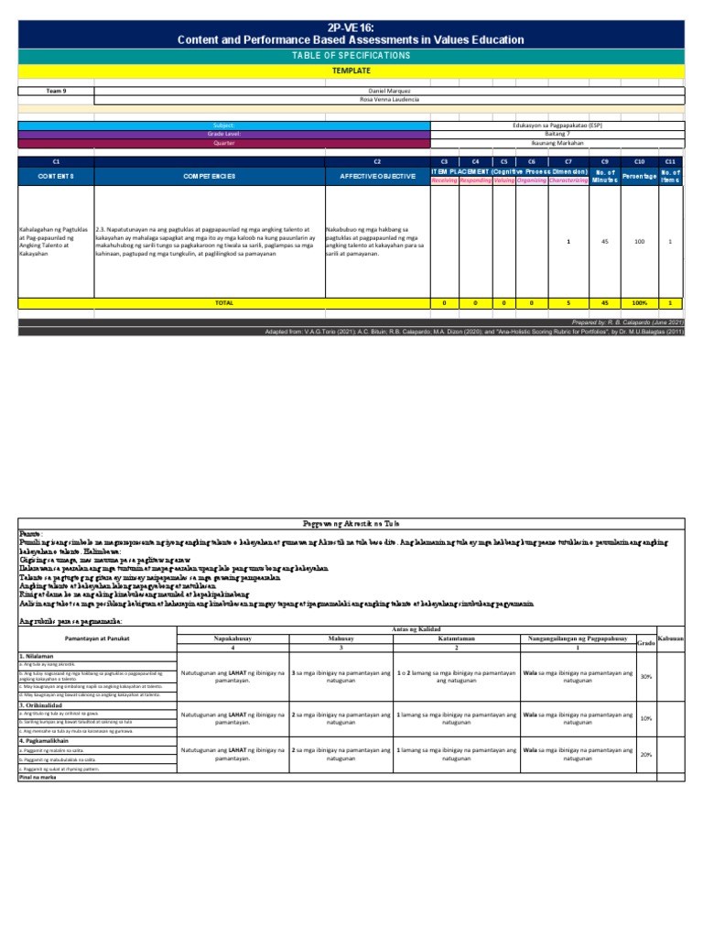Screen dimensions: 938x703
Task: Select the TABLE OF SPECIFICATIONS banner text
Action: pos(351,56)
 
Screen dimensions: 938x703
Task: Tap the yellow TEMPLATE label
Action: pos(351,70)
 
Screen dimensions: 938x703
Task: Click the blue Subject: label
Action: pos(223,125)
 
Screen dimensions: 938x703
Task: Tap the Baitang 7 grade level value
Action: pos(557,134)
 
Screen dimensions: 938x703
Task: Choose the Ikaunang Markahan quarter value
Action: pos(557,143)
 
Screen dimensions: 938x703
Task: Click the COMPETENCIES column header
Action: pos(210,175)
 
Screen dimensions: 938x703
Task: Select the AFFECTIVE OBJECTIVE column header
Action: pos(376,175)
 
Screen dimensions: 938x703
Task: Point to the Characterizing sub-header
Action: pos(568,180)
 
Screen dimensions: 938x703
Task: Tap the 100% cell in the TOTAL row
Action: pos(640,302)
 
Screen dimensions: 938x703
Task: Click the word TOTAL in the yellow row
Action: pos(223,302)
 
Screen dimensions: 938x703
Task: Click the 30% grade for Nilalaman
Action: pos(645,677)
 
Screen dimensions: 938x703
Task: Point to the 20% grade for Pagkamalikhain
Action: pos(645,754)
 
